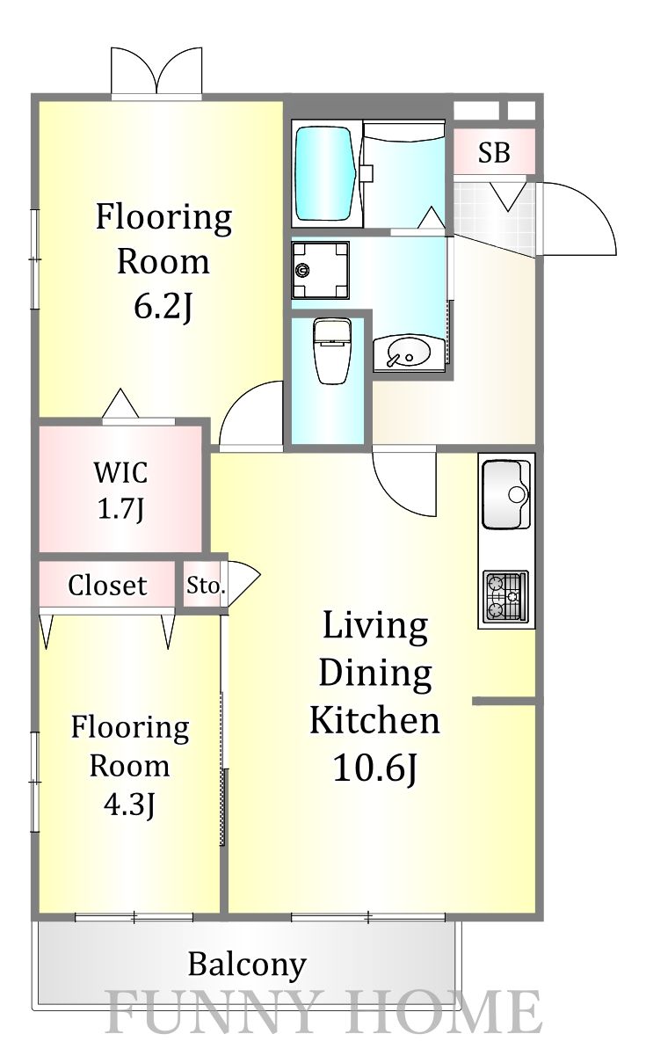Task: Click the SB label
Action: point(494,153)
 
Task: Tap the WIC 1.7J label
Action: point(121,491)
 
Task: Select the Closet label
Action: point(107,586)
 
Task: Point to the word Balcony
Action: point(247,966)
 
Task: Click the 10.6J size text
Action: point(375,768)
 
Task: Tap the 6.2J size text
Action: point(163,307)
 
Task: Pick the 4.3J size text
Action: point(129,805)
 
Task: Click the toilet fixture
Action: point(332,350)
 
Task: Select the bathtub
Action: point(325,173)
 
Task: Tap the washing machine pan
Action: point(320,270)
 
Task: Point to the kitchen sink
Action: point(506,494)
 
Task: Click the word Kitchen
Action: point(374,720)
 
